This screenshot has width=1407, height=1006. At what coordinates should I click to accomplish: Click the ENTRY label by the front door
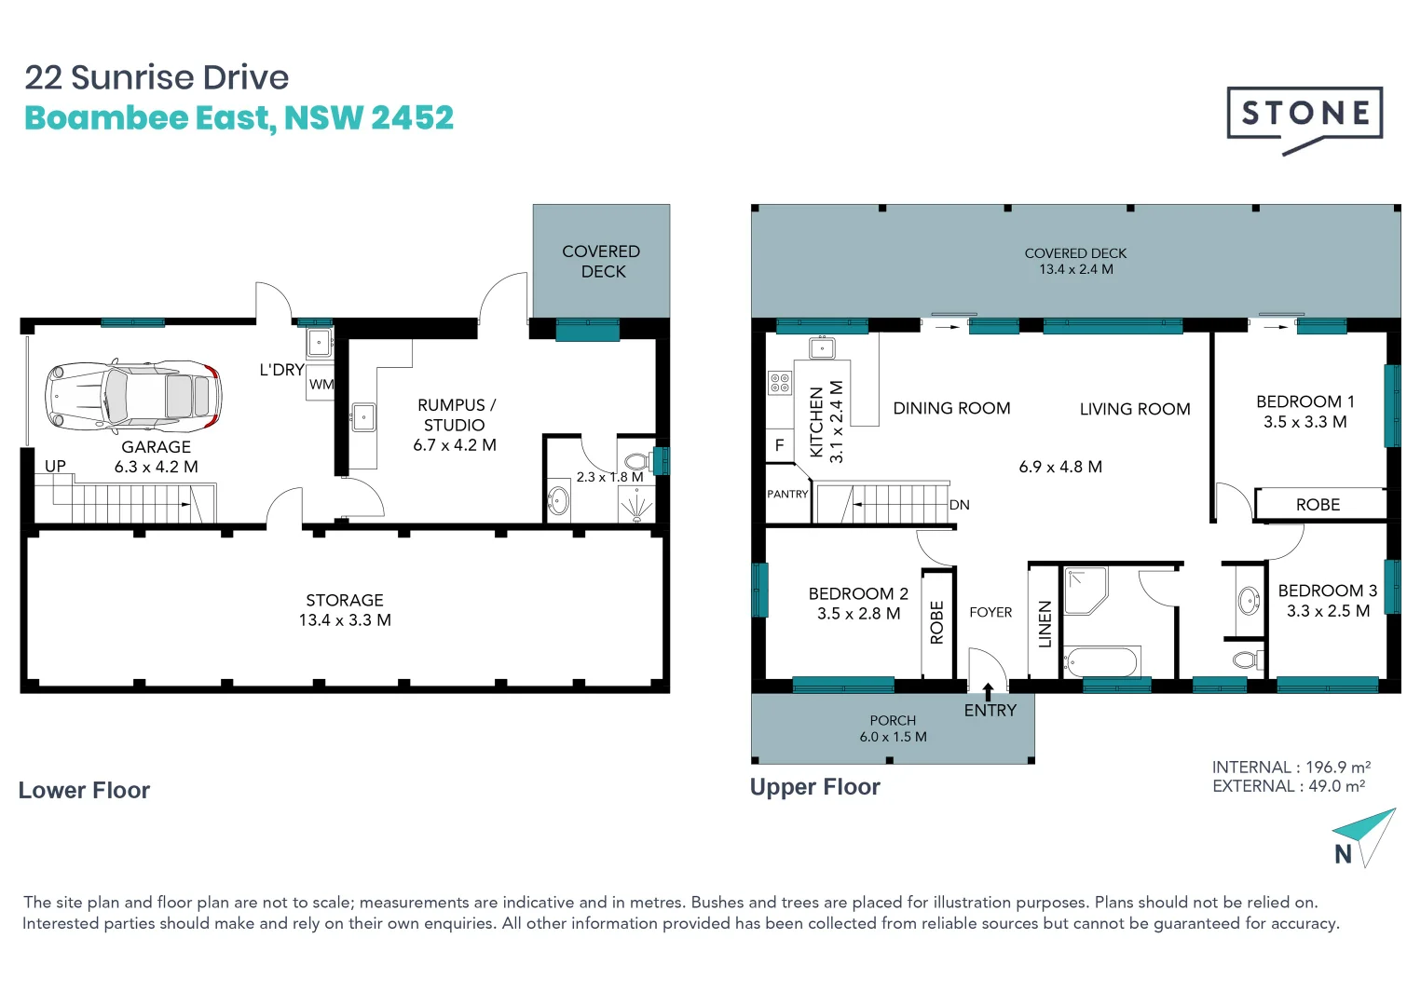coord(990,711)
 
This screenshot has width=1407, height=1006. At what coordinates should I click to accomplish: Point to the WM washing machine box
coord(321,384)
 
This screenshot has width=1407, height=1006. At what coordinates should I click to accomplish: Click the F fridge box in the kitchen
coord(780,445)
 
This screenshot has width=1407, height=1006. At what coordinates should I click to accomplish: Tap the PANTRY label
coord(787,495)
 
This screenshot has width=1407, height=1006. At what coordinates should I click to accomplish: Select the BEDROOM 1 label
coord(1305,401)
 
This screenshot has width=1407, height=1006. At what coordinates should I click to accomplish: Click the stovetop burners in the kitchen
coord(780,383)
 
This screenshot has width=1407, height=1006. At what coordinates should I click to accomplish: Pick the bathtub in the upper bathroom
coord(1100,662)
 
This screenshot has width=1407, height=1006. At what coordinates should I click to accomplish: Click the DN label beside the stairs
coord(960,505)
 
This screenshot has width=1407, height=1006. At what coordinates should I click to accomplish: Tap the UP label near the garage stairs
coord(55,466)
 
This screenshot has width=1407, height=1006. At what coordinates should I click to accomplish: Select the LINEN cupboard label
coord(1045,624)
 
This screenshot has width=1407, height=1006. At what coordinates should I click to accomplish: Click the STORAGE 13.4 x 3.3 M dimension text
coord(345,620)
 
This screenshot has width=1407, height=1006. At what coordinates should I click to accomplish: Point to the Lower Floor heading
coord(84,790)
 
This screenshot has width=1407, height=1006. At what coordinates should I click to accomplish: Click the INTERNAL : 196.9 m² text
coord(1291,768)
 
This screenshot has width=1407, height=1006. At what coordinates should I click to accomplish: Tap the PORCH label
coord(893,720)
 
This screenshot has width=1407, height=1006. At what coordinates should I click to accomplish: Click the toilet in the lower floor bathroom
coord(636,461)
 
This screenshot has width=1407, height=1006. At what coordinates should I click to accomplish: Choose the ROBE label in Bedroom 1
coord(1318,505)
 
